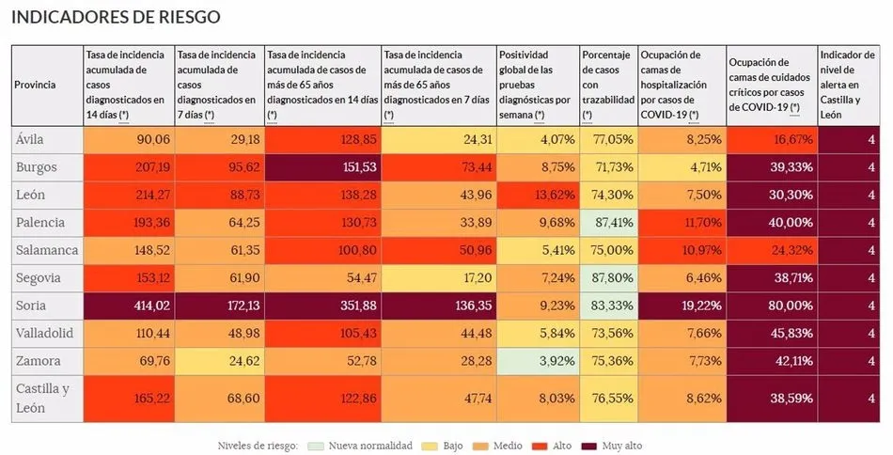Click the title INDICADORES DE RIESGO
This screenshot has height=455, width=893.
(116, 17)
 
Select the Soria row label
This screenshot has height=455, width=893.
(33, 305)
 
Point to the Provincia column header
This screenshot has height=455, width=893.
(35, 85)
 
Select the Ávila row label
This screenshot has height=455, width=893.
(31, 139)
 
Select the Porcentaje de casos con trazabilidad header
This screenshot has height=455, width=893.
(608, 85)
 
